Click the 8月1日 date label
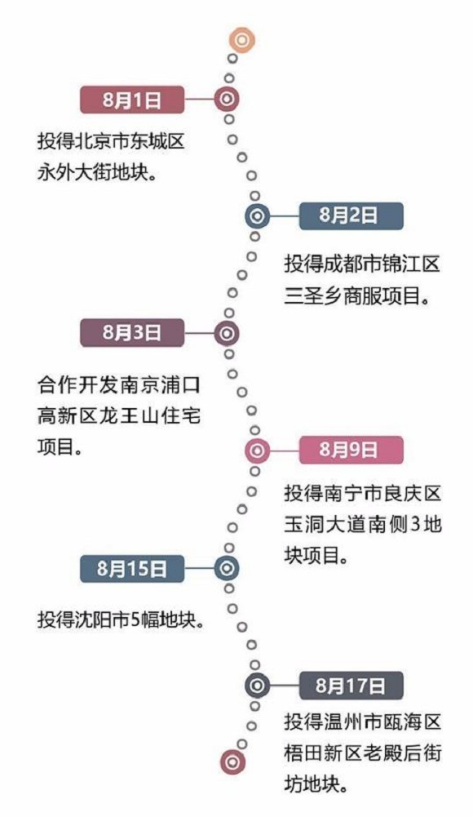point(132,100)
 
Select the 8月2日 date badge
point(351,215)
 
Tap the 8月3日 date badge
point(132,332)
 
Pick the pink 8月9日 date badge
point(351,450)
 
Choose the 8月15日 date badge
point(132,568)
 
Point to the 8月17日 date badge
point(351,686)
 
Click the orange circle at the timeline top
point(242,40)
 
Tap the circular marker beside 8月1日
point(227,99)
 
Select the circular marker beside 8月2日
point(258,216)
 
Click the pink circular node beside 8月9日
point(258,451)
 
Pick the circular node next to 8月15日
point(227,568)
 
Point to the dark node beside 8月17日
point(258,686)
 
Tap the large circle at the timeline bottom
point(232,762)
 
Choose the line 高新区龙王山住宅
point(118,415)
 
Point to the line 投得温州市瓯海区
point(362,722)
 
